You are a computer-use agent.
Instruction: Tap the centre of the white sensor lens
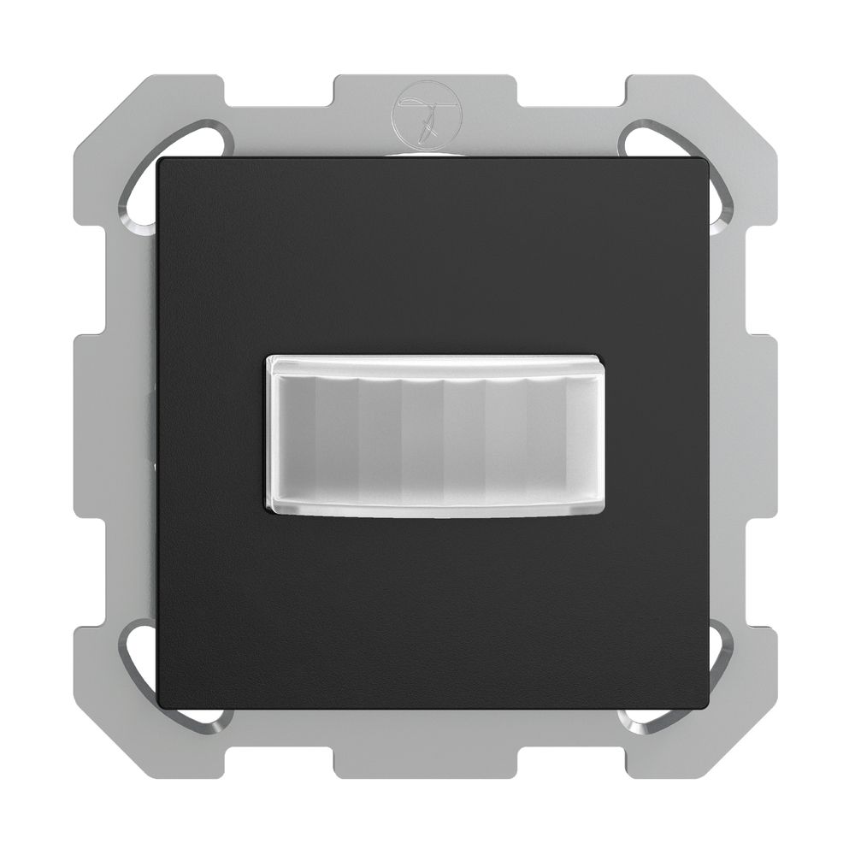[x=427, y=435]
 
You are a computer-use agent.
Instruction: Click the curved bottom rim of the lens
[x=427, y=509]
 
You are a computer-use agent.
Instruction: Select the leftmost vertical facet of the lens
[x=295, y=435]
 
